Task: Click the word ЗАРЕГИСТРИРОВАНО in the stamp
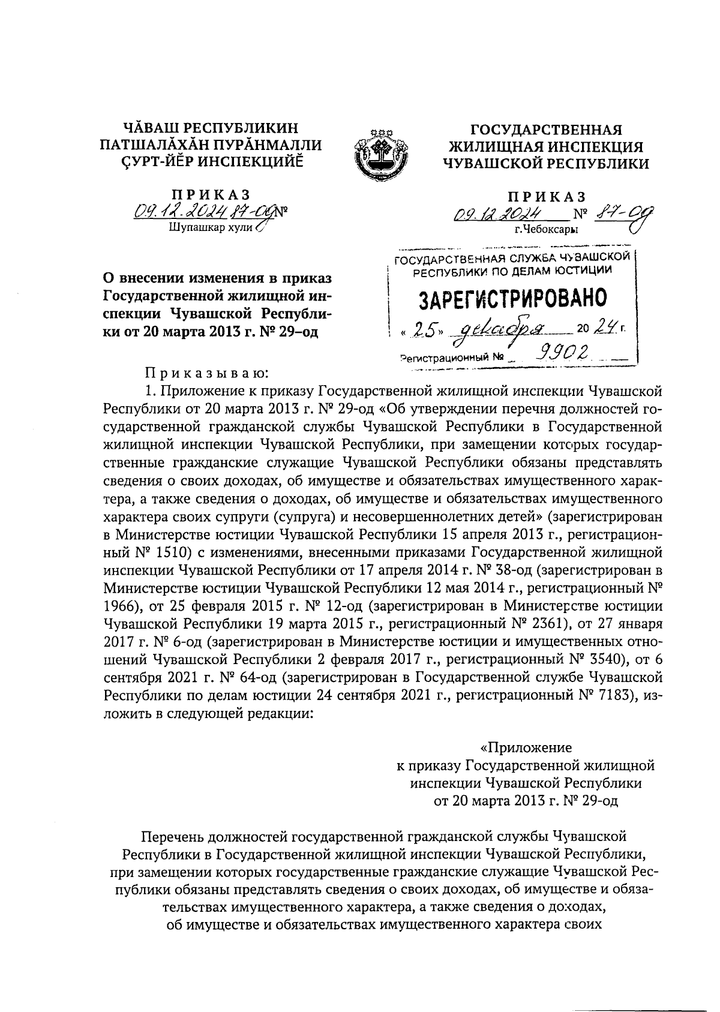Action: coord(512,298)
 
